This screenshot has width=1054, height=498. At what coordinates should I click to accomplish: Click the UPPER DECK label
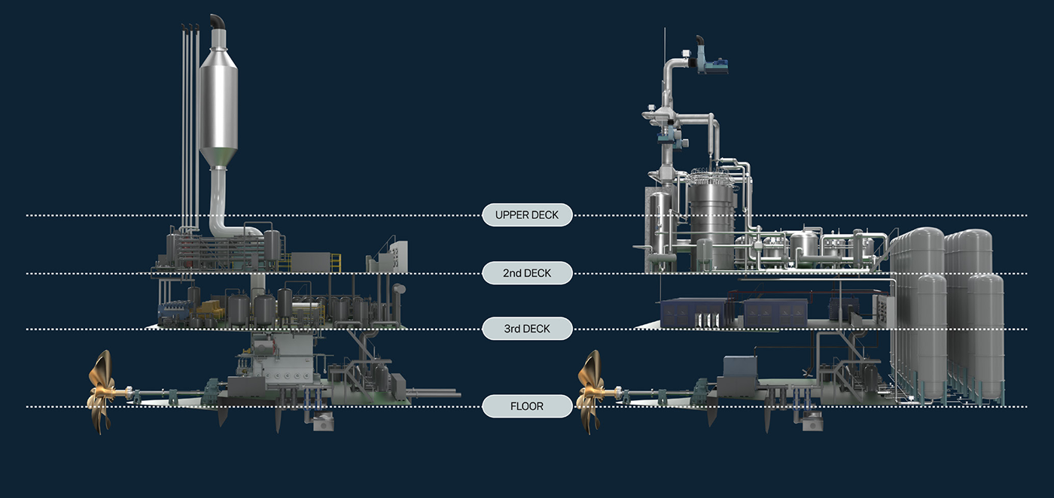(x=527, y=215)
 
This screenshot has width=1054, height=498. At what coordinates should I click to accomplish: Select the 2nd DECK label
(x=527, y=273)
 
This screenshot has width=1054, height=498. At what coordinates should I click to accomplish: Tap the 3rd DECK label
(x=527, y=329)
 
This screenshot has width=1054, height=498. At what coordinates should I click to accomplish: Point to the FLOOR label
(x=527, y=407)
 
